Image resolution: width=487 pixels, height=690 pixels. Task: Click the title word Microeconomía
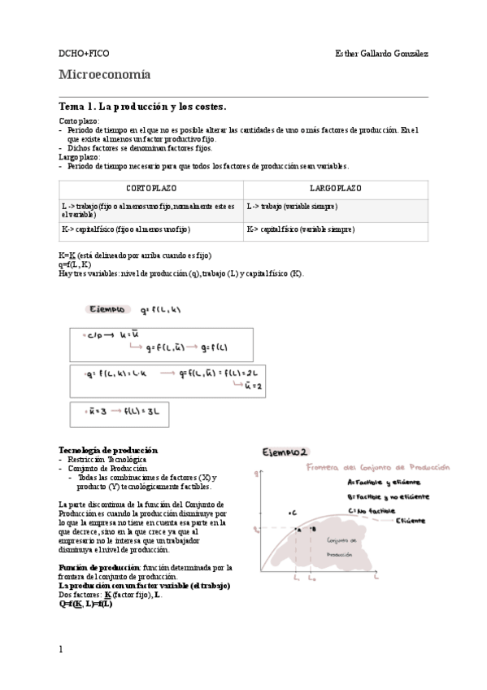click(105, 76)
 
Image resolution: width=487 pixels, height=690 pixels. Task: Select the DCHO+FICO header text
click(81, 54)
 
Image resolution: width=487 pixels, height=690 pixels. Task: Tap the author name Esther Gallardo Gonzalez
click(381, 54)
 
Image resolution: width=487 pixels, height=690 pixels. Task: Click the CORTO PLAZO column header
click(151, 188)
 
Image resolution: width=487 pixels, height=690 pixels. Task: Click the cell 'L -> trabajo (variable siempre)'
click(289, 207)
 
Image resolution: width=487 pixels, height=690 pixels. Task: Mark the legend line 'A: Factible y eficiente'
click(380, 482)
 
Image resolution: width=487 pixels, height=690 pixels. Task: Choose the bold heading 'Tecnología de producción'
click(108, 450)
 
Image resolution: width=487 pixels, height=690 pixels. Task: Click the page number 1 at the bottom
click(61, 649)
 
